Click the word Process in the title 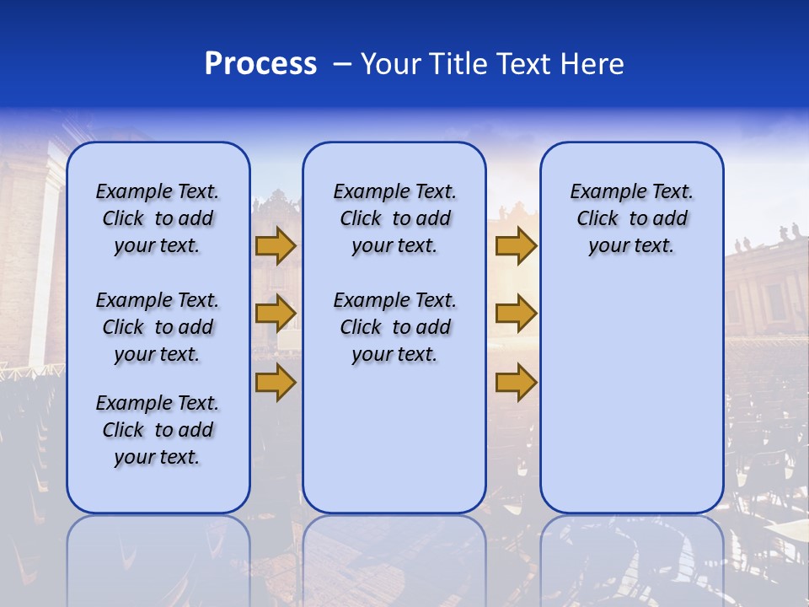click(260, 64)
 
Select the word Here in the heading click(592, 64)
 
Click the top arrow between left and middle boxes click(276, 246)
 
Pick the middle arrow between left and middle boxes click(276, 314)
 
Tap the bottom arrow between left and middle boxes click(276, 382)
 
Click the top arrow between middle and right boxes click(516, 246)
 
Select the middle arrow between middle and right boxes click(516, 314)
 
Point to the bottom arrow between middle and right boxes click(516, 382)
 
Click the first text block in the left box click(158, 218)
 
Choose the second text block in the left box click(158, 327)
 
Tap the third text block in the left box click(158, 430)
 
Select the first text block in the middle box click(394, 218)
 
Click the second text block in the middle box click(394, 327)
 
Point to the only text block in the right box click(631, 218)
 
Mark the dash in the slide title click(342, 64)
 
